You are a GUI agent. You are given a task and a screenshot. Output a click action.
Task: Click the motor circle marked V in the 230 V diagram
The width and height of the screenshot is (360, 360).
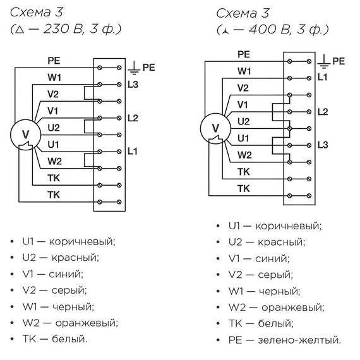click(26, 135)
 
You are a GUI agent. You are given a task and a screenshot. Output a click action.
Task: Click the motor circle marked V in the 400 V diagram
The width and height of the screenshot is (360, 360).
click(215, 128)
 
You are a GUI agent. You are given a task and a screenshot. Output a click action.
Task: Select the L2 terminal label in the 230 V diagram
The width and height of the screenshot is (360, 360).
click(133, 117)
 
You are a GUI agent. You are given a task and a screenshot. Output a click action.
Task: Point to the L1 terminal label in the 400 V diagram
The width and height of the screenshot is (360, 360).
click(322, 78)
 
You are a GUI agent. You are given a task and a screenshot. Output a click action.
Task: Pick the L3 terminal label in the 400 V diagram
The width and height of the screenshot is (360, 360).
click(322, 145)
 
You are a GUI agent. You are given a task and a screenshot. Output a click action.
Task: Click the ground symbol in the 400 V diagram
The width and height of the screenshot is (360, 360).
click(323, 61)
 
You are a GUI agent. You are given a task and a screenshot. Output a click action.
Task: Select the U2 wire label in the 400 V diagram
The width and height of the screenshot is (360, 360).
click(244, 121)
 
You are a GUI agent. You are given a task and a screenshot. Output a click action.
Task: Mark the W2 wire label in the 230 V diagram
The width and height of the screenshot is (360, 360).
click(54, 161)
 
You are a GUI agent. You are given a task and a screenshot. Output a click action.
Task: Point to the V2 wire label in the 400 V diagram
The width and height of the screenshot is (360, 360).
click(243, 87)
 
